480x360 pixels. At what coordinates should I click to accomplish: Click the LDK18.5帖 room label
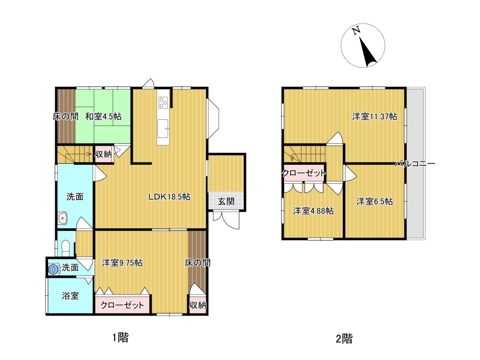click(169, 197)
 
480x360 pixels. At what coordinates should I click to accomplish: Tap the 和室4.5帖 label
click(103, 116)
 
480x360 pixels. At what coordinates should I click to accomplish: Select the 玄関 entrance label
click(226, 201)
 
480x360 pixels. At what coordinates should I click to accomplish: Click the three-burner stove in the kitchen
click(163, 102)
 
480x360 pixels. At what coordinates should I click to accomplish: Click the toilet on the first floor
click(65, 248)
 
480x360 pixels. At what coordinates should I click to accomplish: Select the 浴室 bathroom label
click(70, 296)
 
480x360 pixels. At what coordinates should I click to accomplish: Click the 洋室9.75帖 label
click(122, 263)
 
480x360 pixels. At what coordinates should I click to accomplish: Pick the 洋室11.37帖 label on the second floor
click(375, 116)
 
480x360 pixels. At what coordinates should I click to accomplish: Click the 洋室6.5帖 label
click(375, 201)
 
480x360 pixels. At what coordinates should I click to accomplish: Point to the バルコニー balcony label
click(415, 164)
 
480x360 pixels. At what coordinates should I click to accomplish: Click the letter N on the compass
click(357, 31)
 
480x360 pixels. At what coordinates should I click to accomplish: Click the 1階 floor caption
click(120, 337)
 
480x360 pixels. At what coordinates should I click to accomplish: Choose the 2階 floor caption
click(344, 339)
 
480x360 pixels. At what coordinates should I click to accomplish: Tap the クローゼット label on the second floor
click(304, 173)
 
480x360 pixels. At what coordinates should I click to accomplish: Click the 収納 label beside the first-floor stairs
click(103, 154)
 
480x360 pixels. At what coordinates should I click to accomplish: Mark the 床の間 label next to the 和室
click(66, 116)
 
